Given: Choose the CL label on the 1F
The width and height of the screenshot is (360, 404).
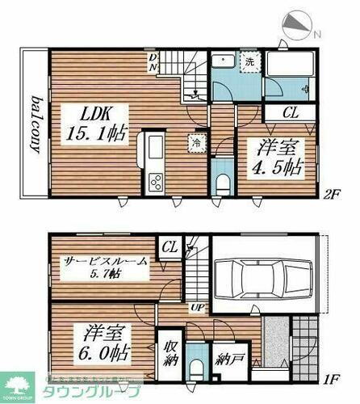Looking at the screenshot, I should pos(170,246).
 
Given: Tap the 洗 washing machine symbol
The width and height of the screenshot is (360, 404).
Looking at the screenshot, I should pos(249,63).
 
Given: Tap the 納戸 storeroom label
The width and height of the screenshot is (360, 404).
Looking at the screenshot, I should pos(227,356).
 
